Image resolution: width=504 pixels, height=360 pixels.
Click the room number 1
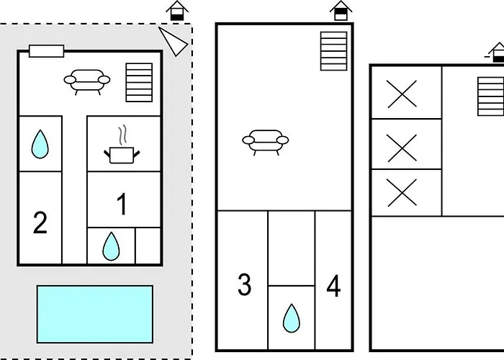tap(122, 205)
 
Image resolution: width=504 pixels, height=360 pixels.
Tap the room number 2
tap(40, 222)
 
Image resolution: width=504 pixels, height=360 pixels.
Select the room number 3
tap(245, 285)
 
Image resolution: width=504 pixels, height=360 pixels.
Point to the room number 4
tap(333, 287)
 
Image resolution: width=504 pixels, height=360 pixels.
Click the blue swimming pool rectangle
tap(95, 314)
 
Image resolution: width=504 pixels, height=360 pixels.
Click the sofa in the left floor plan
tap(86, 81)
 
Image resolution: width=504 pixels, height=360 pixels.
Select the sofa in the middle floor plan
tap(265, 141)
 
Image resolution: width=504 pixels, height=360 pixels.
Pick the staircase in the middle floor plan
tap(333, 50)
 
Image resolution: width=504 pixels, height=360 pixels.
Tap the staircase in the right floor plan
tap(490, 96)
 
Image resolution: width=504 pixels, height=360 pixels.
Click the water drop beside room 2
tap(40, 145)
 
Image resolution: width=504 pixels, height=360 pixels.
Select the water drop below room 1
tap(110, 246)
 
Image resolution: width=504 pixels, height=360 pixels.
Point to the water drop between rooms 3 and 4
tap(291, 318)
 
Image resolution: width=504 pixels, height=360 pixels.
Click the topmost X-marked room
tap(402, 94)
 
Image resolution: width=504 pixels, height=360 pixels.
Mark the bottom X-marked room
tap(402, 192)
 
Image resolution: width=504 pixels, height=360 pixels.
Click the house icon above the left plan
tap(177, 12)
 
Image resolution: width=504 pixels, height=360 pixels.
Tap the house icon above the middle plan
tap(341, 11)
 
